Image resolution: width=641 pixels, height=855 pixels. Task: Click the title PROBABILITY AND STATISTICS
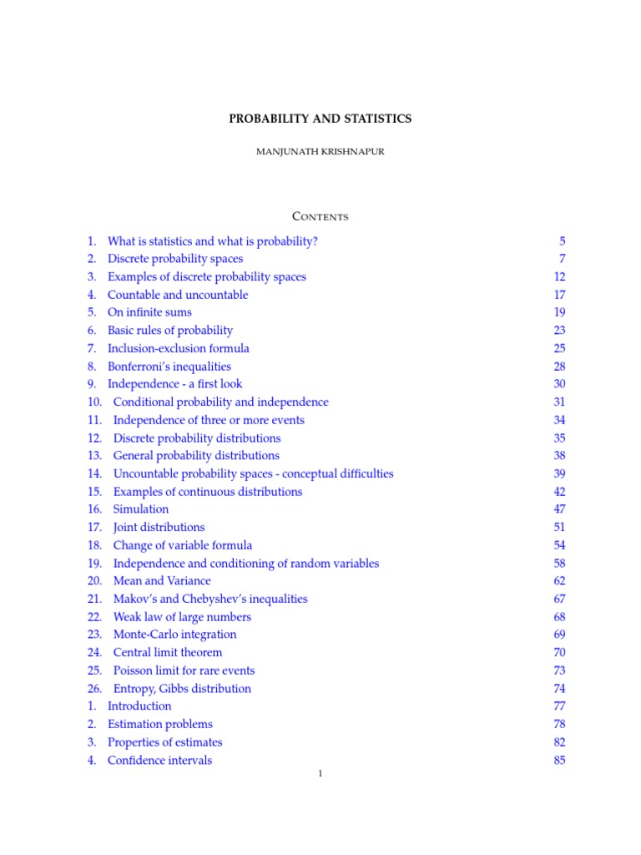pyautogui.click(x=320, y=119)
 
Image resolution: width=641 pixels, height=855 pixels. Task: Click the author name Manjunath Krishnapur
pyautogui.click(x=320, y=152)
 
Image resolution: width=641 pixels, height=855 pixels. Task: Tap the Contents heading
pyautogui.click(x=320, y=217)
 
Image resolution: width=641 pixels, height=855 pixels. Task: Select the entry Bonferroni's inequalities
pyautogui.click(x=169, y=367)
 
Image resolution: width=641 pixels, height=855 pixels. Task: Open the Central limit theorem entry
pyautogui.click(x=168, y=652)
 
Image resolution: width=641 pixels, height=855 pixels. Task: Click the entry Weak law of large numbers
pyautogui.click(x=182, y=617)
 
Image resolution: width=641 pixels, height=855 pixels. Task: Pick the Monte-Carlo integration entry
pyautogui.click(x=174, y=635)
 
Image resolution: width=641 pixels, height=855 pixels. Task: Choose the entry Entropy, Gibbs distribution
pyautogui.click(x=182, y=689)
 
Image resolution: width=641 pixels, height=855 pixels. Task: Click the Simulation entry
pyautogui.click(x=141, y=509)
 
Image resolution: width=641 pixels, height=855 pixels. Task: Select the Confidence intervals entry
pyautogui.click(x=159, y=760)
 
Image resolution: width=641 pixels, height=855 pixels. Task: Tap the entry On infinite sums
pyautogui.click(x=149, y=312)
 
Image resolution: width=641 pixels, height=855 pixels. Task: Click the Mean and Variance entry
pyautogui.click(x=162, y=581)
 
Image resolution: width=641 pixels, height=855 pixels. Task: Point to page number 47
pyautogui.click(x=559, y=509)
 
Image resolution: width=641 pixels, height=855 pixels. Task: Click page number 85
pyautogui.click(x=559, y=760)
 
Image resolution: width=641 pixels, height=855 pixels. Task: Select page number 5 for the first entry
pyautogui.click(x=563, y=241)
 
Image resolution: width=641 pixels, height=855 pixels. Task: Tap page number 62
pyautogui.click(x=559, y=581)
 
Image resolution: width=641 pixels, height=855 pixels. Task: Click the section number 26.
pyautogui.click(x=94, y=689)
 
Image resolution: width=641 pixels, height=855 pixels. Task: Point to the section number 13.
pyautogui.click(x=94, y=456)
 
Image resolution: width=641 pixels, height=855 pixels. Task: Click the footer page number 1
pyautogui.click(x=320, y=774)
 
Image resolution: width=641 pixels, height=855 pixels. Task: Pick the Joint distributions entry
pyautogui.click(x=159, y=528)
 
